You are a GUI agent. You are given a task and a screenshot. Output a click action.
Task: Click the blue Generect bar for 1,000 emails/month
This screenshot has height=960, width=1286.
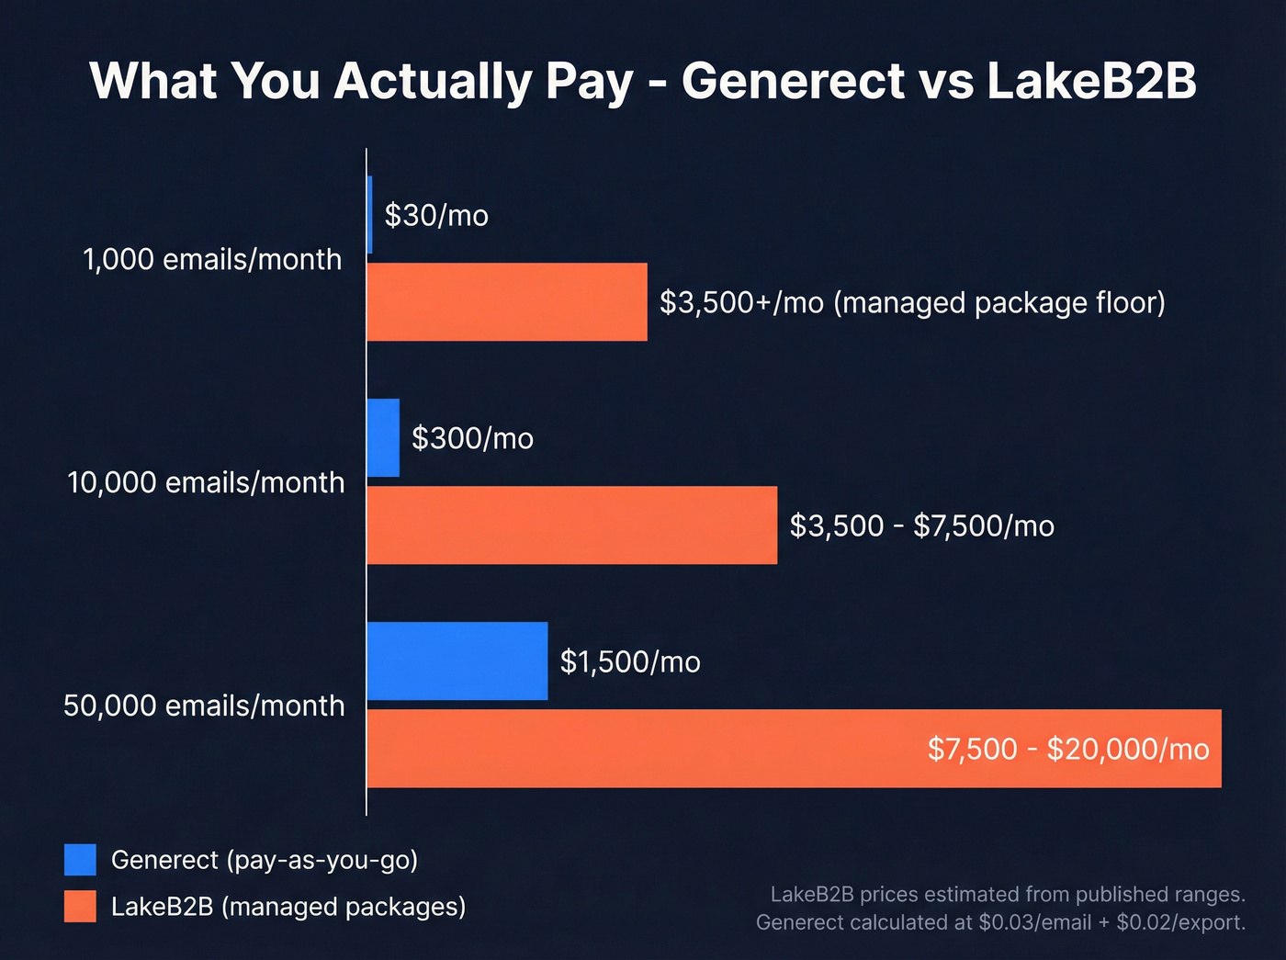click(369, 215)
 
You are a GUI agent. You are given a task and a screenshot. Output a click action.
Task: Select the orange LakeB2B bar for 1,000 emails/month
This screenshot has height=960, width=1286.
click(507, 302)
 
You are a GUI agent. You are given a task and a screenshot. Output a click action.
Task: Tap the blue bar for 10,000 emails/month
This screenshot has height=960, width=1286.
click(383, 438)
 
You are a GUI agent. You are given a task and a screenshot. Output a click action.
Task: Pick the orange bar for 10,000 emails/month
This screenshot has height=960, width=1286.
click(571, 525)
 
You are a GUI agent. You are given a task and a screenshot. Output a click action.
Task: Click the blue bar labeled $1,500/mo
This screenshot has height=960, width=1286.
click(457, 661)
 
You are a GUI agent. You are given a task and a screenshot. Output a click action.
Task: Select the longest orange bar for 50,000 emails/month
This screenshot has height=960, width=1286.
click(643, 749)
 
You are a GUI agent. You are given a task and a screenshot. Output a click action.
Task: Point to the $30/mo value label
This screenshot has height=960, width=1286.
click(436, 215)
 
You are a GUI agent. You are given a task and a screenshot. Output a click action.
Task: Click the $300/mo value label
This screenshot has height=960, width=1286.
click(472, 438)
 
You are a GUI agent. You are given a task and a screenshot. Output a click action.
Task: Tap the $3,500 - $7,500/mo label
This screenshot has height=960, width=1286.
click(921, 525)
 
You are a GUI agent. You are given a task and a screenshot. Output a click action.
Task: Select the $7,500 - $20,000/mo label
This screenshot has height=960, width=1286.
click(1067, 749)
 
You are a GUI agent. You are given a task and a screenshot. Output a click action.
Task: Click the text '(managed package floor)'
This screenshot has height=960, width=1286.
click(998, 302)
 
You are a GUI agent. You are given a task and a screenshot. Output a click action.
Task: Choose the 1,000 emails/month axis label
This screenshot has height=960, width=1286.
click(212, 260)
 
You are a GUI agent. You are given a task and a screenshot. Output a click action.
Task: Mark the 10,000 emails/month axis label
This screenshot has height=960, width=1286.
click(206, 482)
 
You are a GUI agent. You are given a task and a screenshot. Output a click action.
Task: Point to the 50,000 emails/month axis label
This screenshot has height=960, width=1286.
click(204, 706)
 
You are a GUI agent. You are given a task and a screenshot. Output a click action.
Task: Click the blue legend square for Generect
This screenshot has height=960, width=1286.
click(80, 860)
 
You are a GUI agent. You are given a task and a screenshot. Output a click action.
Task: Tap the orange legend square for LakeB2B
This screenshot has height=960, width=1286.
click(80, 907)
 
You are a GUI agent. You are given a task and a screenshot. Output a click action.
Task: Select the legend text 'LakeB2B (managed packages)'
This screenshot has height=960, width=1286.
click(288, 907)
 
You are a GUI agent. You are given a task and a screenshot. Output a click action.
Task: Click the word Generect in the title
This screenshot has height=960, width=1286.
click(794, 81)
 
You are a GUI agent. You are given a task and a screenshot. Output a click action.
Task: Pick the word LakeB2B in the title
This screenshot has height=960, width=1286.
click(1092, 81)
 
